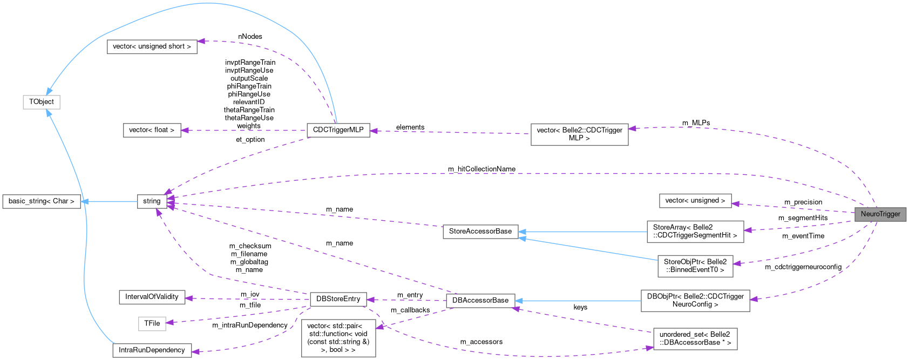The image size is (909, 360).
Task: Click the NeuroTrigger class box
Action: (x=880, y=214)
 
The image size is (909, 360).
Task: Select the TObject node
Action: (x=41, y=102)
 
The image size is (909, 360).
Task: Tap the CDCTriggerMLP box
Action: (x=338, y=130)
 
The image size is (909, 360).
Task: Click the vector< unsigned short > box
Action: (x=152, y=46)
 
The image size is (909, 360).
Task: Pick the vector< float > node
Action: (x=152, y=130)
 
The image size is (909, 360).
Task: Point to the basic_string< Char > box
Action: (x=42, y=201)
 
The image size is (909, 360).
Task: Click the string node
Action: (x=152, y=201)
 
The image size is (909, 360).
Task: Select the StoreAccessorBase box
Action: (x=480, y=232)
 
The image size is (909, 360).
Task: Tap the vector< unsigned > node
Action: (x=695, y=201)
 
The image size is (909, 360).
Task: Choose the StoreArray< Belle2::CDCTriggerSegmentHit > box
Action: (x=695, y=232)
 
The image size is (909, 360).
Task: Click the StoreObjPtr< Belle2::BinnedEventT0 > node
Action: (x=695, y=266)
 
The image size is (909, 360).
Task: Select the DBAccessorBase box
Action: (x=480, y=301)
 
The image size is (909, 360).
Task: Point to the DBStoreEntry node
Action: (x=338, y=299)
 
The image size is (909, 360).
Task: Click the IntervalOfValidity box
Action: (x=152, y=297)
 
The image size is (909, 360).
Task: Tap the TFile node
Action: (x=152, y=323)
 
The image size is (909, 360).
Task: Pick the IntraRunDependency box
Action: (x=152, y=350)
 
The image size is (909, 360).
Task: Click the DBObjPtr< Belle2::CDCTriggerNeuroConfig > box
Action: (x=695, y=301)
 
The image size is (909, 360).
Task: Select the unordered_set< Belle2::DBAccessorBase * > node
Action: (x=695, y=338)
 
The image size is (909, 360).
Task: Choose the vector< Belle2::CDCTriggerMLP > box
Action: (x=579, y=134)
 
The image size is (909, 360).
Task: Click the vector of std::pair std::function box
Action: (x=338, y=338)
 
